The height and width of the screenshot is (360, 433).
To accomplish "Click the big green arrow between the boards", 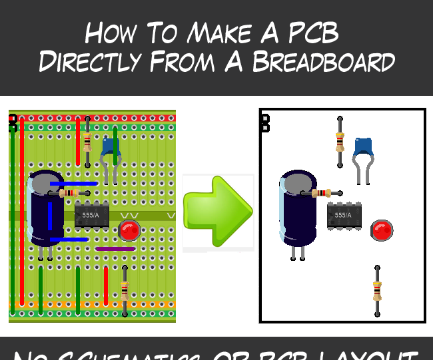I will [x=218, y=212].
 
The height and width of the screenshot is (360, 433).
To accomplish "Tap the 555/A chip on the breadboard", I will [x=91, y=215].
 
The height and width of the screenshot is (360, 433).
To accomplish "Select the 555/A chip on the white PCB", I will [x=344, y=216].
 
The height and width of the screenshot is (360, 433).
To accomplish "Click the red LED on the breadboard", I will [x=129, y=231].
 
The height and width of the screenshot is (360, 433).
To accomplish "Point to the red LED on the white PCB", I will [x=382, y=230].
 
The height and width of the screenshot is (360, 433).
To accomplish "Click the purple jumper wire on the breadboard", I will [x=115, y=249].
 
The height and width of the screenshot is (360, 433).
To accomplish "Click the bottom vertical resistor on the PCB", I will [x=377, y=291].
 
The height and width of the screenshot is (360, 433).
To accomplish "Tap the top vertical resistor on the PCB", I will [x=340, y=142].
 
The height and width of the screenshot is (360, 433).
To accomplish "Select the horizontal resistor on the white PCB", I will [x=322, y=193].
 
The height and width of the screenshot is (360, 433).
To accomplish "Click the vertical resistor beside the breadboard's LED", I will [x=125, y=291].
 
